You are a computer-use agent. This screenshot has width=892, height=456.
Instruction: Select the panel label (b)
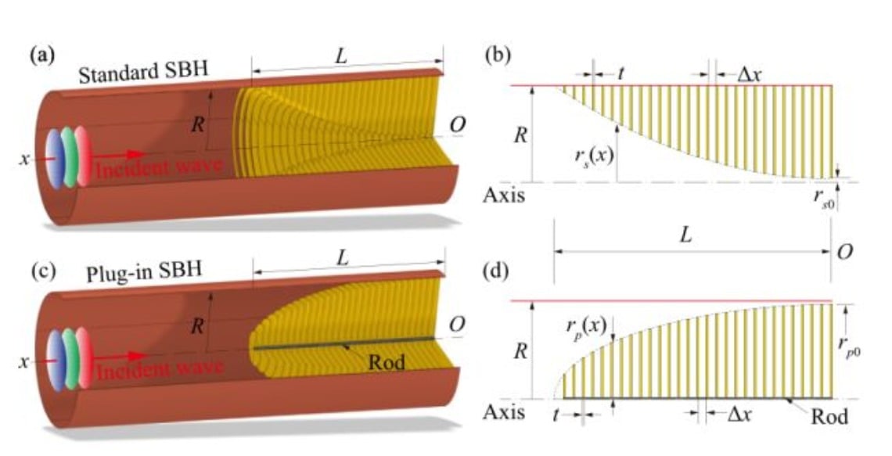tap(497, 56)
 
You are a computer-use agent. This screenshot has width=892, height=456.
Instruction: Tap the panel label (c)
tap(43, 271)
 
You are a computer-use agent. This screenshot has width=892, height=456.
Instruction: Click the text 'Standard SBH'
tap(143, 72)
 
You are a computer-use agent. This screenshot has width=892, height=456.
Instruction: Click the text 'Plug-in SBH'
tap(144, 271)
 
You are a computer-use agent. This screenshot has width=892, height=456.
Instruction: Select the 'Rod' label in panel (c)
tap(387, 361)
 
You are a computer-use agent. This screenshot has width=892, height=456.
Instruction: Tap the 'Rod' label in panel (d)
tap(829, 415)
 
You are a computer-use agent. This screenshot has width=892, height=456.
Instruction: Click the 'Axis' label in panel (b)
tap(504, 195)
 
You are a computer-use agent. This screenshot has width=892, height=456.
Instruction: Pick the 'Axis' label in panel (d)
tap(504, 411)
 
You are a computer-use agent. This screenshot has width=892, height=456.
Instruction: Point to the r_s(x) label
tap(595, 155)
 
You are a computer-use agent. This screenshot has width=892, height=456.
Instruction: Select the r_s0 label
tap(824, 198)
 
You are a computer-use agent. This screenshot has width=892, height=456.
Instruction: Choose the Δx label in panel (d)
tap(739, 414)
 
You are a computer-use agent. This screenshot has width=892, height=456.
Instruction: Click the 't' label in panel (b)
tap(620, 74)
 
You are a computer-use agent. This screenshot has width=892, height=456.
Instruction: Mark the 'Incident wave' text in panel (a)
tap(158, 169)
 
